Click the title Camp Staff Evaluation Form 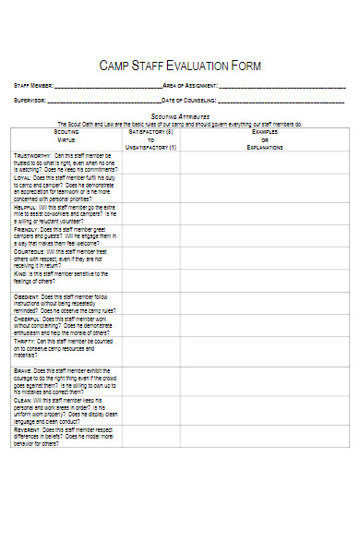180,66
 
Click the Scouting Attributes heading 180,115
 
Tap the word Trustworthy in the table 32,155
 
